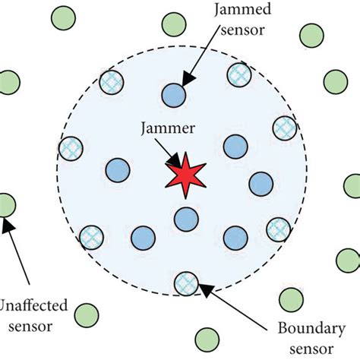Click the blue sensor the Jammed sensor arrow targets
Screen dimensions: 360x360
pos(173,94)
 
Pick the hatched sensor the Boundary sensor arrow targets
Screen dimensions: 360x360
pos(185,283)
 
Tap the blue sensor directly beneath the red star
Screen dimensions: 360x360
pos(185,220)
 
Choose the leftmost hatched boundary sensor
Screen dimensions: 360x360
pos(71,147)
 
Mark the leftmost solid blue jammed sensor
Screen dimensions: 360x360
pos(118,169)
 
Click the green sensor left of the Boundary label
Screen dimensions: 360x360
pos(207,339)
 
